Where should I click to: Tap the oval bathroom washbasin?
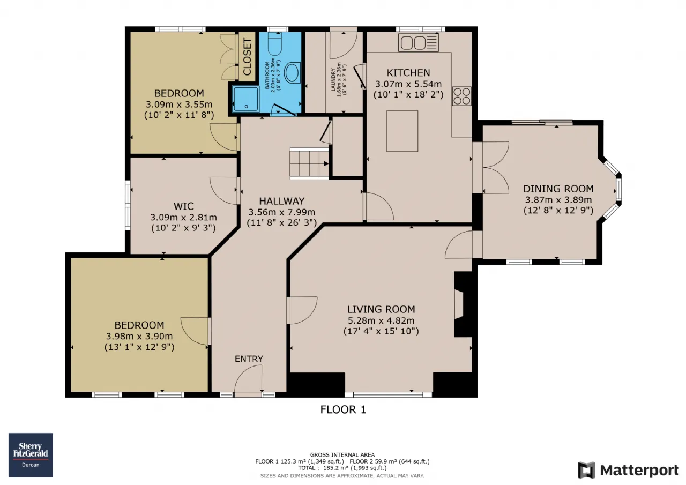pos(293,72)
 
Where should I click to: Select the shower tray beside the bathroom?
pos(245,99)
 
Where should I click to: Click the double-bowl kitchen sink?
pos(419,42)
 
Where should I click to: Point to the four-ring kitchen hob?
pos(462,96)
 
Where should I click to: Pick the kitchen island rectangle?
pos(402,131)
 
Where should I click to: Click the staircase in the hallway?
pos(309,163)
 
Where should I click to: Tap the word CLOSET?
pos(247,57)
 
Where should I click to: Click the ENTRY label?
pos(249,359)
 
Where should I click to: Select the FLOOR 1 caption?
pos(343,409)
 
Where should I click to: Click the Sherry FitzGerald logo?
pos(31,455)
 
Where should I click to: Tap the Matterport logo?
pos(629,470)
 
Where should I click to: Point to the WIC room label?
pos(183,206)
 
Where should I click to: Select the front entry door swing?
pos(248,379)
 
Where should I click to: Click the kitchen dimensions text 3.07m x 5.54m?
pos(408,84)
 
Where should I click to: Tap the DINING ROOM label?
pos(558,189)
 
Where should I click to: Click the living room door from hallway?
pos(302,310)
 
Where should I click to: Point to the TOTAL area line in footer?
pos(342,468)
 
